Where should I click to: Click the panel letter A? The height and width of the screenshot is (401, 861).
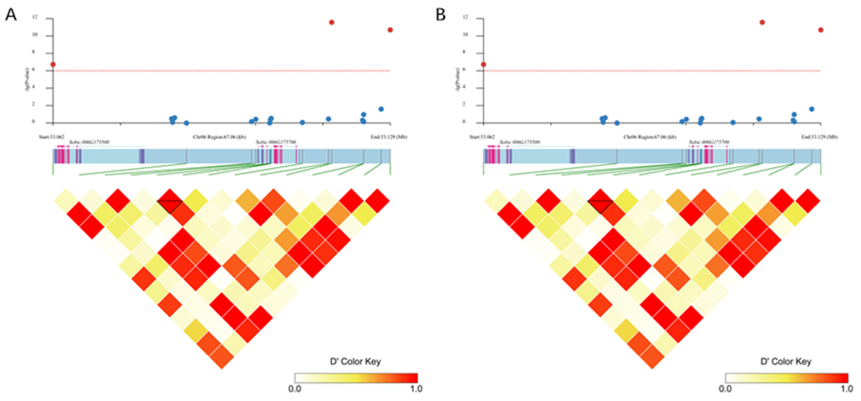(x=11, y=15)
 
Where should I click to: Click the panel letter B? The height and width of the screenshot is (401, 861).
(x=441, y=15)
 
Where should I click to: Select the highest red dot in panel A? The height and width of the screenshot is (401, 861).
(x=332, y=22)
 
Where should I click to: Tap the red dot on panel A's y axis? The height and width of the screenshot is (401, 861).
(x=53, y=64)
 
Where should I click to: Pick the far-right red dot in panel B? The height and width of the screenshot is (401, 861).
(x=821, y=30)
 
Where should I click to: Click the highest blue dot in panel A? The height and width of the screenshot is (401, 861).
(x=381, y=109)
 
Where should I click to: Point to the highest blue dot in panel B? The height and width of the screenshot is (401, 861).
(x=811, y=109)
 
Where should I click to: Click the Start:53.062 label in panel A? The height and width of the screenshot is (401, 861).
(x=52, y=137)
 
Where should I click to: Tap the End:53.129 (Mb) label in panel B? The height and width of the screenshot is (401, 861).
(x=820, y=137)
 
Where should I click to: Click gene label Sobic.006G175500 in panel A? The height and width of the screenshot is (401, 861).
(x=89, y=142)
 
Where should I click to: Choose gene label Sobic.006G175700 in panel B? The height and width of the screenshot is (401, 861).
(x=709, y=142)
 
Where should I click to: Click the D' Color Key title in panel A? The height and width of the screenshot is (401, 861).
(x=355, y=362)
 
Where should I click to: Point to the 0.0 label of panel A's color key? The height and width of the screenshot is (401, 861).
(x=295, y=389)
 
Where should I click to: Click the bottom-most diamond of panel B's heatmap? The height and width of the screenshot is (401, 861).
(x=652, y=357)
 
